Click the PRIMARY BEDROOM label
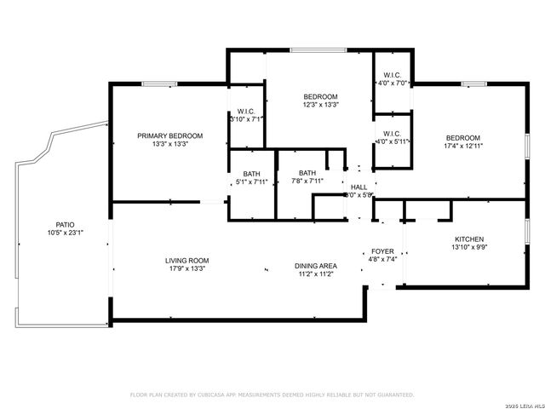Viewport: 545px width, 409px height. click(170, 136)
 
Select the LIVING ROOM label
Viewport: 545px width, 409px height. click(186, 261)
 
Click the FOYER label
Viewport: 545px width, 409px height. click(382, 252)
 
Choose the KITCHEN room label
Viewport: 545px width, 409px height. click(469, 239)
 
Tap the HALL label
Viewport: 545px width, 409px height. click(359, 187)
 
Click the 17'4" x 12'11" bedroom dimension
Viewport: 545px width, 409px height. click(463, 147)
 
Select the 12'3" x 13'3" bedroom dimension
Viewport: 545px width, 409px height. click(320, 106)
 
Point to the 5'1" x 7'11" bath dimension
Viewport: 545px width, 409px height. click(251, 181)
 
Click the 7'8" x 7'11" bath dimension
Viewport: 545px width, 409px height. click(307, 181)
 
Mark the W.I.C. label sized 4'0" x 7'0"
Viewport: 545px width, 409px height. click(393, 84)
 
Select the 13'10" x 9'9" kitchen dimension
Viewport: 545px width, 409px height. click(469, 247)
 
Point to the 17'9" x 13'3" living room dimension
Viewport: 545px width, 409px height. click(186, 269)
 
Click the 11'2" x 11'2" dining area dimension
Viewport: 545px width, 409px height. click(315, 274)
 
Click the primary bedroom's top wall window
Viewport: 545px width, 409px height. click(159, 84)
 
